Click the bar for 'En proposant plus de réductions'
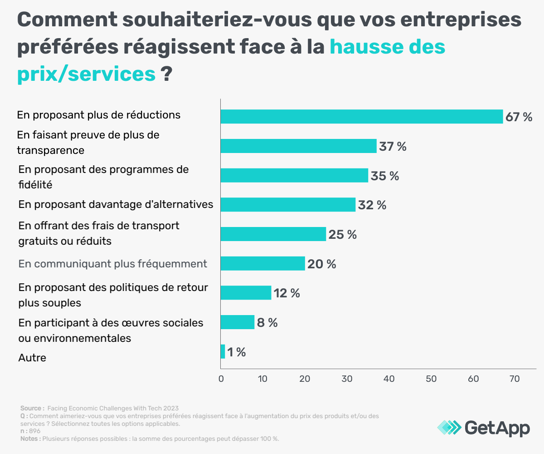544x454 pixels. (361, 117)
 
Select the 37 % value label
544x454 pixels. (393, 147)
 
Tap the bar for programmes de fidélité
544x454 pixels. (294, 176)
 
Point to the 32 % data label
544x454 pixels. (372, 205)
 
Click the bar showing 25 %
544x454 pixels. (273, 234)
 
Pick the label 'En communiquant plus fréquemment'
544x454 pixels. (113, 264)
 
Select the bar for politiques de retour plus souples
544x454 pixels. (246, 293)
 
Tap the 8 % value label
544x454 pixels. (267, 323)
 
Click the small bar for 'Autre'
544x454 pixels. (223, 352)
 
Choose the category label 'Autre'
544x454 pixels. (32, 358)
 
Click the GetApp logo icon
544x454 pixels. (449, 427)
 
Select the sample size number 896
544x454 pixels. (35, 431)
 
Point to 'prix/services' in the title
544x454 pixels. (87, 74)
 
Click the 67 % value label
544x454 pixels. (519, 117)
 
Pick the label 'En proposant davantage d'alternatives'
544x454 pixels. (116, 204)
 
